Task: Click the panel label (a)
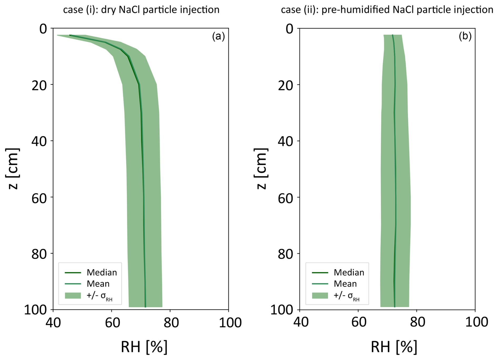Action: click(218, 36)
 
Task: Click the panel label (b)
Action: click(465, 36)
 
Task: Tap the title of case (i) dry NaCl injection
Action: click(141, 10)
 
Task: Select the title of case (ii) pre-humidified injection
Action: click(387, 10)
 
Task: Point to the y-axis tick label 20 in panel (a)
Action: click(39, 85)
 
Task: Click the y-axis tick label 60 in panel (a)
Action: click(39, 198)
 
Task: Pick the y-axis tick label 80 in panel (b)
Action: click(286, 254)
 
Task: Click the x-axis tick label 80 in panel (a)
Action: click(171, 322)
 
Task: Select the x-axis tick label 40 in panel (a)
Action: click(53, 322)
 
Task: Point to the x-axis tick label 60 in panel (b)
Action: click(358, 322)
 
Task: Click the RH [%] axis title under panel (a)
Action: click(144, 347)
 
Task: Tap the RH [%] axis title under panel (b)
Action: click(394, 347)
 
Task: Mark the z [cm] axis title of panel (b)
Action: click(261, 169)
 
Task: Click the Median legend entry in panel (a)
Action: click(102, 272)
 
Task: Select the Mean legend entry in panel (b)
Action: click(345, 284)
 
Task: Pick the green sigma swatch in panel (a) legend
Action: click(73, 295)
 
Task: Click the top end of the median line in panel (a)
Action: click(70, 35)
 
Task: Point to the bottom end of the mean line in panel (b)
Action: click(395, 306)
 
